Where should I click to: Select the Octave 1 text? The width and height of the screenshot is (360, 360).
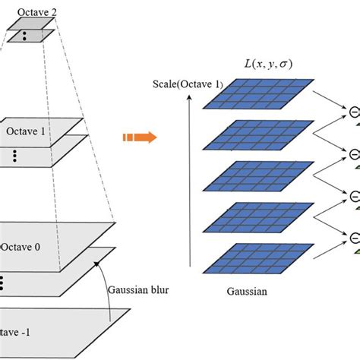pos(27,131)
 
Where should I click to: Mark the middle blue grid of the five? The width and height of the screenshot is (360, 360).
pos(258,181)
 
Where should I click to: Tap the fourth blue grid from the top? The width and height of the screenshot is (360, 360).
pos(258,220)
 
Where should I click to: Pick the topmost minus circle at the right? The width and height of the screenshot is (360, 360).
pos(355,113)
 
